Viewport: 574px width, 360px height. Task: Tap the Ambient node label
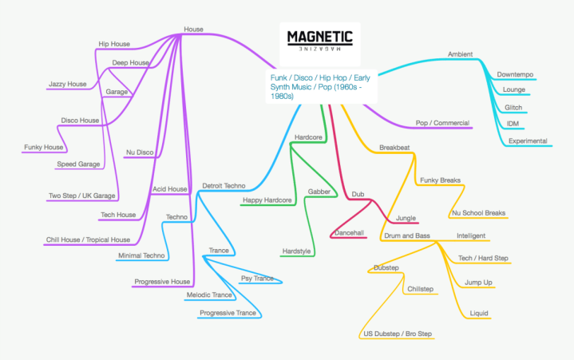[x=460, y=54]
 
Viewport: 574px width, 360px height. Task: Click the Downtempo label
[x=515, y=74]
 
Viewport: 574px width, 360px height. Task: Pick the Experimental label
[x=528, y=140]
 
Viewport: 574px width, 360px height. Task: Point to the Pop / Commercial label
[x=442, y=123]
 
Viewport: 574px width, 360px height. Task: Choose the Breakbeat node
[x=394, y=148]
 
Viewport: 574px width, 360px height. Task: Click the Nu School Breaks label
[x=478, y=213]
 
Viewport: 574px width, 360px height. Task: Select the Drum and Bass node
[x=407, y=235]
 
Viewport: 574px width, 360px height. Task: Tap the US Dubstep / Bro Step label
[x=396, y=334]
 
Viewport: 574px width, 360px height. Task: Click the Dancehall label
[x=348, y=233]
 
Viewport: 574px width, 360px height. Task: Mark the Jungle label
[x=406, y=216]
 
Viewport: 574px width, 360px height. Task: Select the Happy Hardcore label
[x=267, y=200]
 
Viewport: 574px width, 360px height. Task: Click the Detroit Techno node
[x=224, y=185]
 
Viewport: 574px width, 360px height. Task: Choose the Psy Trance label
[x=257, y=279]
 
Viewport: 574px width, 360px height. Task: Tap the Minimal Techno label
[x=141, y=255]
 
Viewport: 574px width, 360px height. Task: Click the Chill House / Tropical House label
[x=88, y=239]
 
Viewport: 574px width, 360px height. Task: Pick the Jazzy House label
[x=67, y=84]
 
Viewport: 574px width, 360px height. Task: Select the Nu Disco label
[x=140, y=152]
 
